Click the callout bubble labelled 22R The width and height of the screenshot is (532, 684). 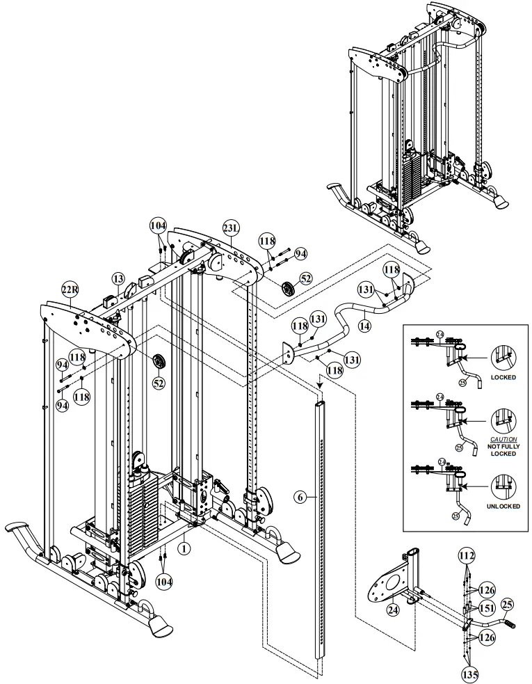(70, 290)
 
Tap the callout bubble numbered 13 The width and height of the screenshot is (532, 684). (119, 278)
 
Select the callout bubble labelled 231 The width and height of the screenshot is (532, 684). (230, 228)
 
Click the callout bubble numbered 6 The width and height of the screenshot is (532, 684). (300, 497)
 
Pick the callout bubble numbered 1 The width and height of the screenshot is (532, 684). (184, 548)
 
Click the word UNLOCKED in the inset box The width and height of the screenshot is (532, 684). (504, 507)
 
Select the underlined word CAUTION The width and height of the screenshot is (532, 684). (504, 440)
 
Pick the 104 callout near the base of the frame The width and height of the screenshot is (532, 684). (163, 579)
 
